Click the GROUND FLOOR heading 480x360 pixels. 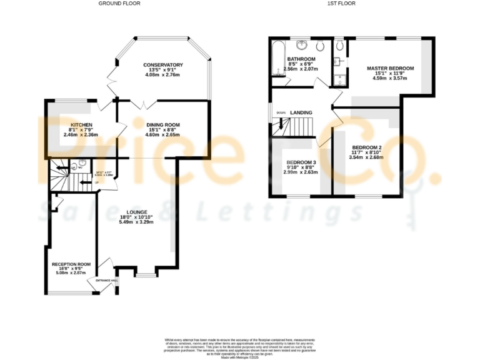119,4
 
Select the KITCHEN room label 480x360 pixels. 81,124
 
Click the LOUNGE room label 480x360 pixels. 136,212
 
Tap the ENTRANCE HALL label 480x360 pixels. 106,281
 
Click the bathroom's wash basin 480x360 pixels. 303,44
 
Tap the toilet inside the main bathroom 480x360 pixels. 319,46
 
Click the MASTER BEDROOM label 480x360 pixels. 390,68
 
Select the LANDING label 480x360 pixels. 301,112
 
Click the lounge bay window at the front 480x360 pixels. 145,274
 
